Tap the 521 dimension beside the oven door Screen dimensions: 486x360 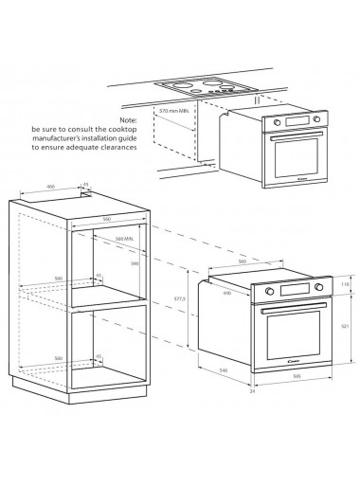[344, 324]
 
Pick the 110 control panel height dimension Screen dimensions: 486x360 [344, 284]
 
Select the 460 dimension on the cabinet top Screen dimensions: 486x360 [50, 186]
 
